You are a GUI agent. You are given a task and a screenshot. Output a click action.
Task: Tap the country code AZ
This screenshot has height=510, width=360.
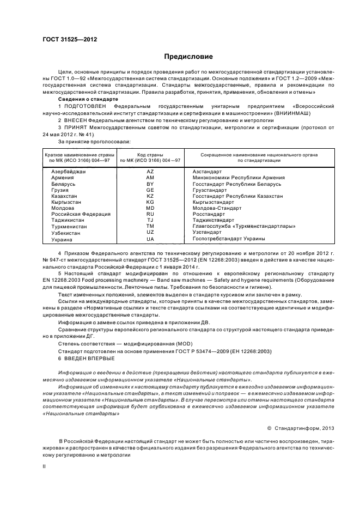click(150, 172)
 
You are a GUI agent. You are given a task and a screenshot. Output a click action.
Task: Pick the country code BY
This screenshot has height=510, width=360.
click(150, 185)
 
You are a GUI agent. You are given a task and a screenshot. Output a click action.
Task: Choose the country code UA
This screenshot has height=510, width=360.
click(150, 239)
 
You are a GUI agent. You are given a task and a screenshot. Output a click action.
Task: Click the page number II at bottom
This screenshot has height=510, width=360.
click(45, 466)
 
